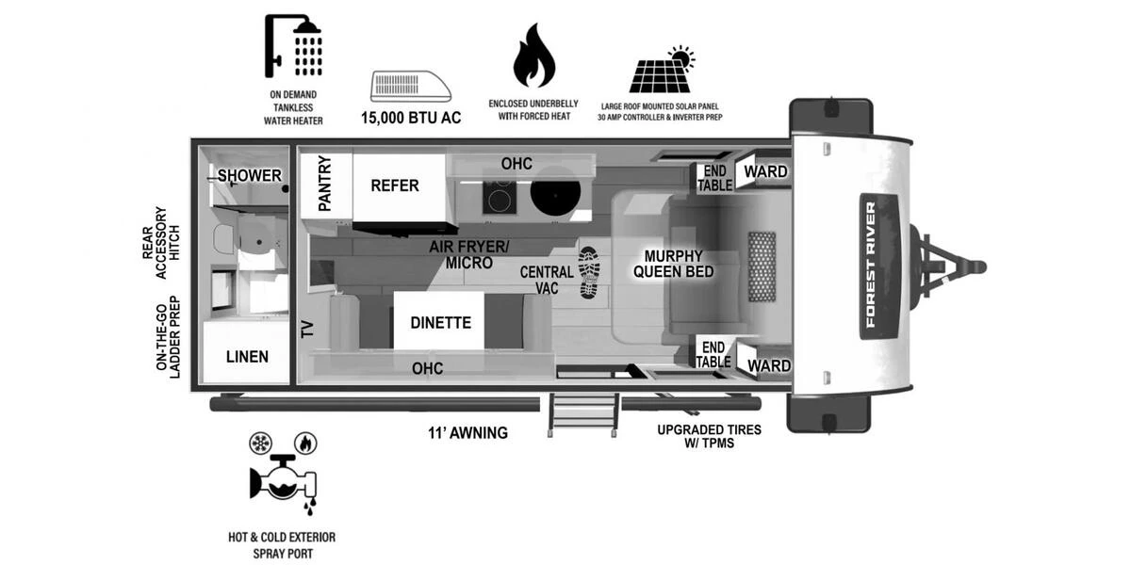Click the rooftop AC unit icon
point(411,85)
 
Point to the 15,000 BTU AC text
point(411,120)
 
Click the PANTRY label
point(324,183)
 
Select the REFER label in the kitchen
point(395,186)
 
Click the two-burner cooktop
point(499,197)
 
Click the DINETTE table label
point(440,322)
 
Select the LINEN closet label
point(247,356)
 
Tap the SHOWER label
point(250,176)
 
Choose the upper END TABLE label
point(714,178)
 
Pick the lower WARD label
point(767,365)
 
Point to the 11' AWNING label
point(467,433)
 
